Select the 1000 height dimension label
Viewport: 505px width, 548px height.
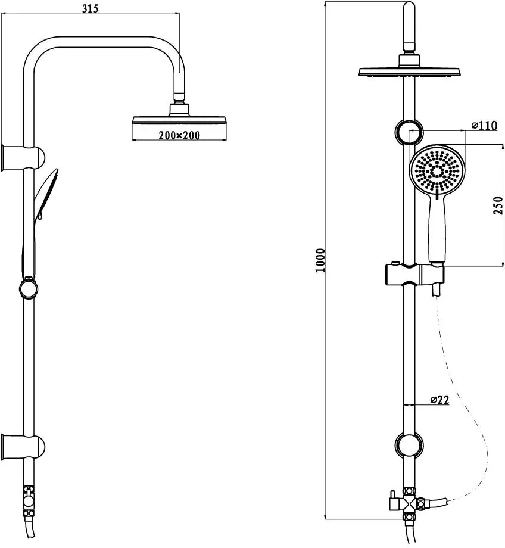coord(320,260)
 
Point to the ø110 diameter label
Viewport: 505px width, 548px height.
coord(484,125)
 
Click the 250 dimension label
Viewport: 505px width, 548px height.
coord(498,206)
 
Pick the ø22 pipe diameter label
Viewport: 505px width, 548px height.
coord(439,400)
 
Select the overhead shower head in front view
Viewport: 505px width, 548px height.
coord(409,66)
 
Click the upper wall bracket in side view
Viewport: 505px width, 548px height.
coord(23,158)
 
